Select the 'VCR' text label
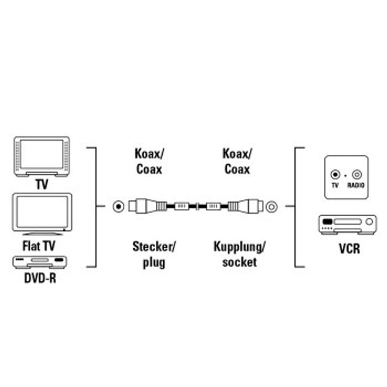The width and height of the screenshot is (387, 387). tap(348, 249)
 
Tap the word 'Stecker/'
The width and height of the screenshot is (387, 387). tap(154, 248)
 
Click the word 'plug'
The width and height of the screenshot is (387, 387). tap(153, 262)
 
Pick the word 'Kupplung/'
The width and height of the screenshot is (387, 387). tap(239, 248)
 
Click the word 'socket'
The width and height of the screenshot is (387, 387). tap(240, 262)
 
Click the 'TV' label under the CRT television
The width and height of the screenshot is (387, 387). tap(42, 184)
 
